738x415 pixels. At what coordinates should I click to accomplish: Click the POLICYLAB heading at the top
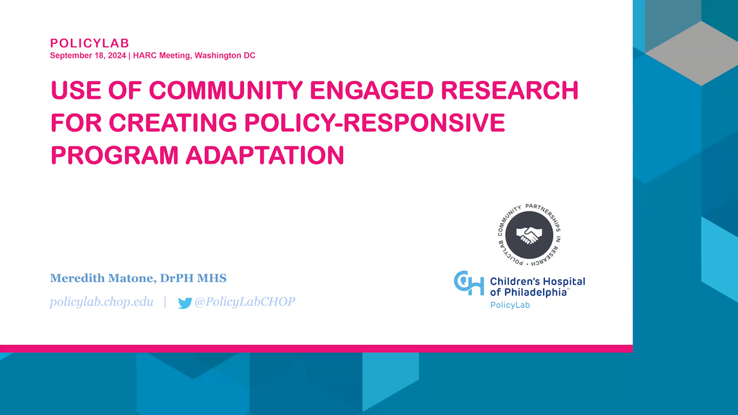pos(89,43)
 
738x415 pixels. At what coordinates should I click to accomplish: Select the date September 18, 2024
pos(88,55)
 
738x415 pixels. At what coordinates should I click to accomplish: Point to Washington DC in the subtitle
pos(225,55)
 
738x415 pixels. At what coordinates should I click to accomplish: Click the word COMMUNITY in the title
pos(225,90)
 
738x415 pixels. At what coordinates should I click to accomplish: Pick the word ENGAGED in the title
pos(372,90)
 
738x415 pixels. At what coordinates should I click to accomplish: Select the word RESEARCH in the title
pos(510,90)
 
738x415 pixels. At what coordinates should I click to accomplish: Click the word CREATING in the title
pos(173,123)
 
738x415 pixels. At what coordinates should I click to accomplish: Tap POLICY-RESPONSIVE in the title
pos(375,123)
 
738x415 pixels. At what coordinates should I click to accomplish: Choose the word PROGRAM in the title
pos(115,155)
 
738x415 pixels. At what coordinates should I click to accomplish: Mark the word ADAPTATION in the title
pos(265,155)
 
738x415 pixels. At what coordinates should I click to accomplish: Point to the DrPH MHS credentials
pos(193,278)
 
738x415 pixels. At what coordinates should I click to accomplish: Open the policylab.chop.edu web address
pos(101,302)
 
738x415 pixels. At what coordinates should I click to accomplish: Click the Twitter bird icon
pos(185,303)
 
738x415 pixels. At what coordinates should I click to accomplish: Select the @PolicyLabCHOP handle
pos(245,302)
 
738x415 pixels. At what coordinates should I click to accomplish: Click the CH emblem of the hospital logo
pos(469,283)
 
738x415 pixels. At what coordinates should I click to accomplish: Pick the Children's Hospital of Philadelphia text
pos(537,287)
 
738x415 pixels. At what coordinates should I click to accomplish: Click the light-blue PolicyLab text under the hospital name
pos(510,305)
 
